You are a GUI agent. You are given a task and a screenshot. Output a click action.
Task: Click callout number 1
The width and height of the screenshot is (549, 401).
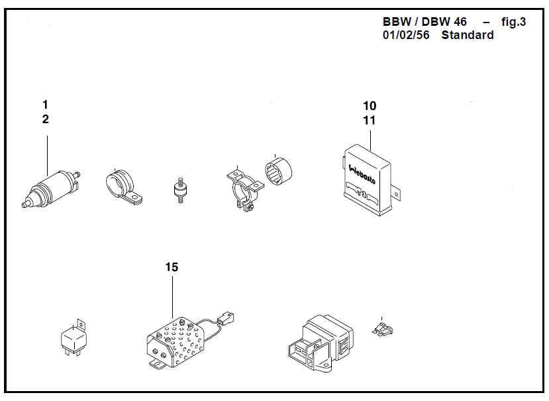(x=45, y=105)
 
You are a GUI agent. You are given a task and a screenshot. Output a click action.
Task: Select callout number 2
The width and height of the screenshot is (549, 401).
(x=46, y=119)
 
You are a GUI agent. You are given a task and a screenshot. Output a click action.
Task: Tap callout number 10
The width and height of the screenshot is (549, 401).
(x=370, y=106)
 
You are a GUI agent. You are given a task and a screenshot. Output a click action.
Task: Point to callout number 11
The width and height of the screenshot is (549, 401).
(x=370, y=120)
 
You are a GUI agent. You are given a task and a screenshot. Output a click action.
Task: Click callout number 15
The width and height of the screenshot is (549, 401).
(x=172, y=267)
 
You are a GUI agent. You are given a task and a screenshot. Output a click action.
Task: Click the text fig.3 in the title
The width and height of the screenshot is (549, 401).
(x=514, y=22)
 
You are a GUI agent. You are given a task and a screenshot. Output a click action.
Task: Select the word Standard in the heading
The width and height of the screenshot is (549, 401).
(x=468, y=35)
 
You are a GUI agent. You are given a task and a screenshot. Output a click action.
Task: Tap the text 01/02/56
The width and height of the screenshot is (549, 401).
(x=406, y=35)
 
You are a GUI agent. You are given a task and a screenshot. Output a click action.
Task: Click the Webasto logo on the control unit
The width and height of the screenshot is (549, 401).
(x=362, y=174)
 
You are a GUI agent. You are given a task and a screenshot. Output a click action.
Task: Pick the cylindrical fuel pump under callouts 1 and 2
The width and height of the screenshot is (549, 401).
(x=51, y=189)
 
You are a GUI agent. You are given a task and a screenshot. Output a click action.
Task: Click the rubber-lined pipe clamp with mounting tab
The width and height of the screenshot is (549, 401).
(x=123, y=186)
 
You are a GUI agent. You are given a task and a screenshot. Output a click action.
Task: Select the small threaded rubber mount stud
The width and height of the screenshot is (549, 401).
(x=180, y=191)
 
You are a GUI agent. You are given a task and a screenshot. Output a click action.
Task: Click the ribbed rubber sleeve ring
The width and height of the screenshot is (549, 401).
(x=278, y=171)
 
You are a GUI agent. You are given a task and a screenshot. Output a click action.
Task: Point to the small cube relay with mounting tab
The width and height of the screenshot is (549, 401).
(x=74, y=337)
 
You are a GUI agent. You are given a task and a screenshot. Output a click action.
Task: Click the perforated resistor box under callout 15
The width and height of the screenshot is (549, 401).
(x=175, y=343)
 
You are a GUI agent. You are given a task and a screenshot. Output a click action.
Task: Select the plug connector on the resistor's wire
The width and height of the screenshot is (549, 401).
(x=226, y=318)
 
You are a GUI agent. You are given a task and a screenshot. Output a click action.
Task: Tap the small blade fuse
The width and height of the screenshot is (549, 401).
(x=382, y=330)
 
